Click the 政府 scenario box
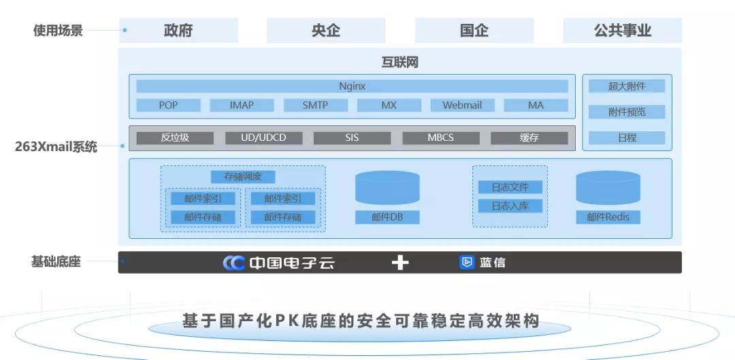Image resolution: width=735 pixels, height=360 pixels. [178, 31]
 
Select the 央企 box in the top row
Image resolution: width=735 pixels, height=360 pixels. [326, 31]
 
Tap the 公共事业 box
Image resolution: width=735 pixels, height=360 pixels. [622, 31]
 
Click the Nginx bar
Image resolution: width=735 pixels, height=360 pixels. [352, 86]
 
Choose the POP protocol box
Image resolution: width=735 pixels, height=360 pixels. [168, 105]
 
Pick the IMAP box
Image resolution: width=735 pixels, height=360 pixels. [242, 105]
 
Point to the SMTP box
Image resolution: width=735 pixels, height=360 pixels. [316, 105]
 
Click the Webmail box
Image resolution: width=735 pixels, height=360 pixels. [462, 105]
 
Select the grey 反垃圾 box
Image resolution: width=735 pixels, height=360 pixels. [175, 138]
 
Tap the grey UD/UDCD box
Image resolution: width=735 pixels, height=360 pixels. [263, 138]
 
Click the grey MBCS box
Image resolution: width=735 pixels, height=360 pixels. [440, 138]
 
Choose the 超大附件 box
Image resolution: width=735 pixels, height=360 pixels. [627, 86]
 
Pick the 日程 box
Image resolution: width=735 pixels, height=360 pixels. [627, 138]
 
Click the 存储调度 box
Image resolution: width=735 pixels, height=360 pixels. [243, 177]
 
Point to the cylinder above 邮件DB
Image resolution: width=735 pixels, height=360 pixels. [387, 188]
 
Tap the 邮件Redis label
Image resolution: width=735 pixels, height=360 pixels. [608, 217]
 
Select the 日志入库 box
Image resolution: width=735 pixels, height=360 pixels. [510, 206]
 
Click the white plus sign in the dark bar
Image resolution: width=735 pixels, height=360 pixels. [400, 263]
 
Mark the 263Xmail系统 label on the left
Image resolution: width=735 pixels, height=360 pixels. [56, 147]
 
